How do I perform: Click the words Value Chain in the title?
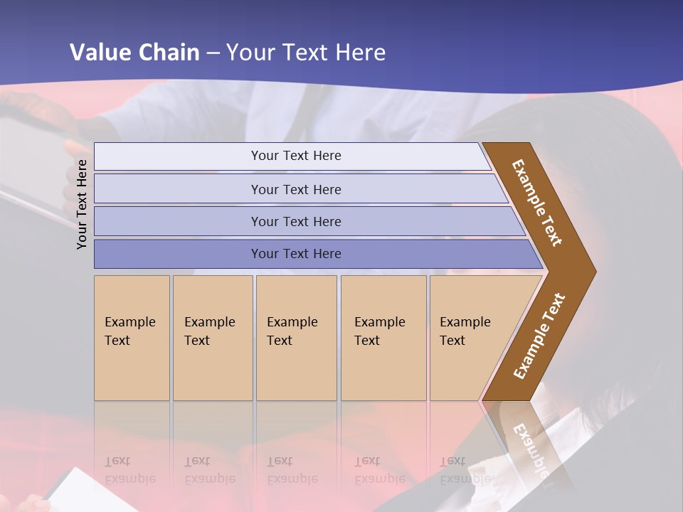pos(134,53)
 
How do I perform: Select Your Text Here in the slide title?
pos(306,53)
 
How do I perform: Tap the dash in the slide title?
pos(213,53)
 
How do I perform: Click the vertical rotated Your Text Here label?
pos(82,205)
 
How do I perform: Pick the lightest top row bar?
pos(296,156)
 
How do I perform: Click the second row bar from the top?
pos(296,189)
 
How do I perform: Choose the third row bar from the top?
pos(296,221)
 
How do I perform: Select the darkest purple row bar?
pos(296,254)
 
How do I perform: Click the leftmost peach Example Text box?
pos(132,338)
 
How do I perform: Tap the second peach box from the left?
pos(212,338)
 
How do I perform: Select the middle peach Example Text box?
pos(296,338)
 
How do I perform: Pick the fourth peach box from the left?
pos(383,338)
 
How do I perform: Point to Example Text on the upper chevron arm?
pos(537,203)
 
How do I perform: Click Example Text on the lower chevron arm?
pos(539,336)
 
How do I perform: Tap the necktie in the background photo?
pos(302,114)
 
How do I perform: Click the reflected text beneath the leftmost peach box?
pos(129,470)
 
